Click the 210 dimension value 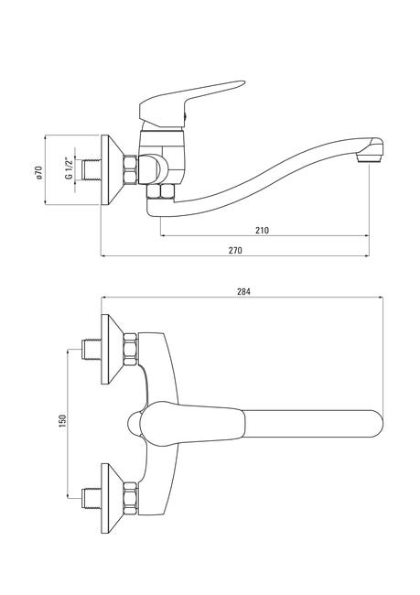coord(262,231)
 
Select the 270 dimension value coord(235,251)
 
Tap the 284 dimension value coord(244,292)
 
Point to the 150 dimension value coord(62,421)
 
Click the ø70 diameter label coord(38,172)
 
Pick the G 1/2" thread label coord(69,168)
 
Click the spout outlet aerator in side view coord(370,157)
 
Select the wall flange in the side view coord(113,169)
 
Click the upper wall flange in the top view coord(113,349)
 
